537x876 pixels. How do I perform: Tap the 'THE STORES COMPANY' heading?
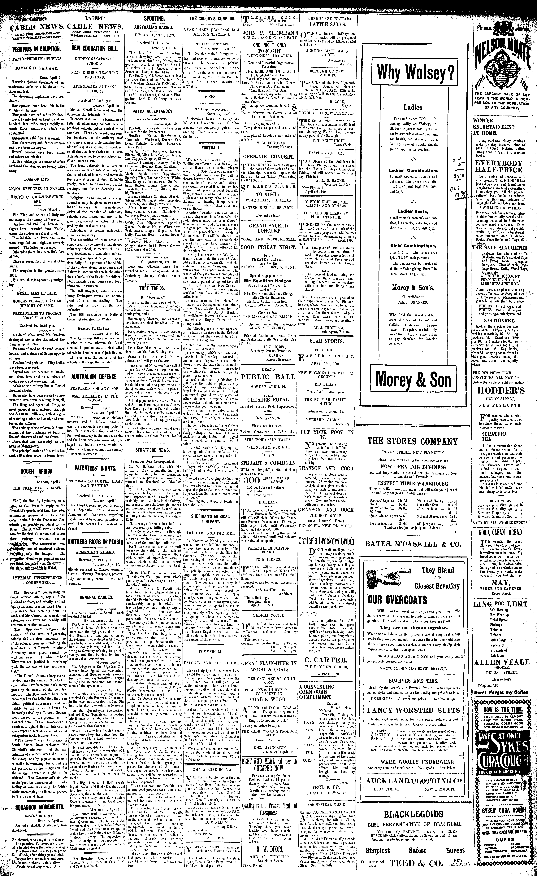coord(412,442)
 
